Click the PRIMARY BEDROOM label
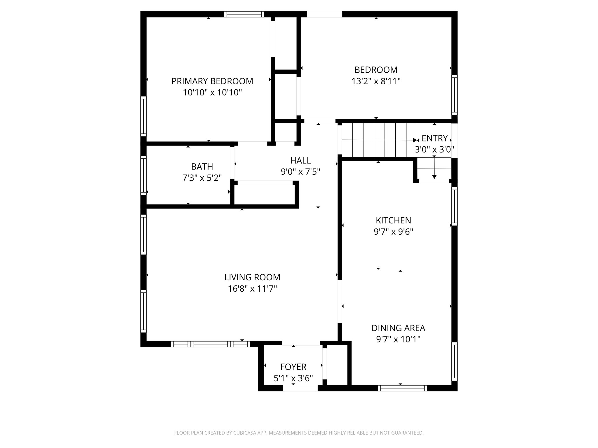pyautogui.click(x=212, y=81)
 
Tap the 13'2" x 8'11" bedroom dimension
pyautogui.click(x=376, y=81)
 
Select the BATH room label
pyautogui.click(x=202, y=167)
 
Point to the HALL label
pyautogui.click(x=300, y=160)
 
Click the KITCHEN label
pyautogui.click(x=393, y=220)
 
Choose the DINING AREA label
pyautogui.click(x=398, y=328)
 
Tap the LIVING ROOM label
pyautogui.click(x=252, y=277)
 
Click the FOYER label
pyautogui.click(x=293, y=367)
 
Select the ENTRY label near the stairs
pyautogui.click(x=434, y=138)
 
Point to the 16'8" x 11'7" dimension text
pyautogui.click(x=252, y=289)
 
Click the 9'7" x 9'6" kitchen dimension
pyautogui.click(x=393, y=232)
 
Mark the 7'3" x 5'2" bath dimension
pyautogui.click(x=202, y=178)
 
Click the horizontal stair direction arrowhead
pyautogui.click(x=415, y=140)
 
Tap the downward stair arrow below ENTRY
pyautogui.click(x=434, y=176)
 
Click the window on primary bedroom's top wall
pyautogui.click(x=244, y=14)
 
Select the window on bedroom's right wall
pyautogui.click(x=454, y=95)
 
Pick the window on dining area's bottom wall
pyautogui.click(x=402, y=388)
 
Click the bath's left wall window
pyautogui.click(x=143, y=175)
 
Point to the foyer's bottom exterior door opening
pyautogui.click(x=300, y=388)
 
